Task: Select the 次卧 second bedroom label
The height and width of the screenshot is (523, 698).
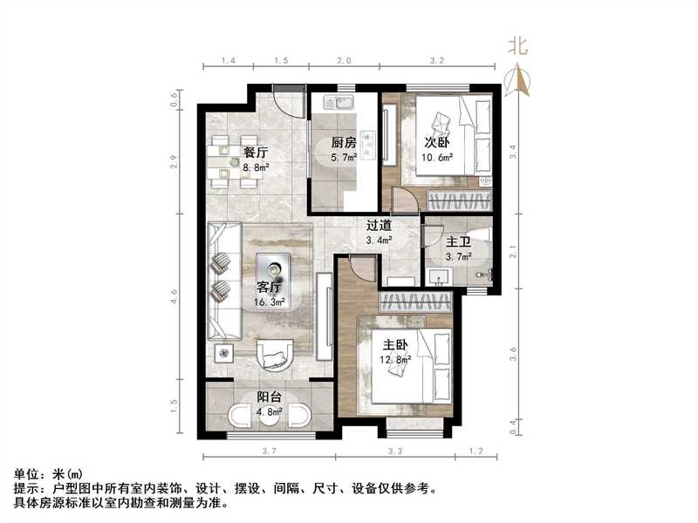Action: (437, 142)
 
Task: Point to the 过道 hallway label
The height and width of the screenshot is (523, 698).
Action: (379, 225)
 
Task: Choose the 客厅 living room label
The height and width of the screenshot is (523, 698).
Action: (269, 287)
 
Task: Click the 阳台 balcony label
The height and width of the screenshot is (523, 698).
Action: (270, 398)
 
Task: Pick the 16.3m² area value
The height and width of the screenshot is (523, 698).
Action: (270, 302)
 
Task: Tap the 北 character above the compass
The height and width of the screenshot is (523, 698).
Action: (517, 47)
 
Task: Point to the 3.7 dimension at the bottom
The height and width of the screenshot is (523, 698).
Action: (268, 451)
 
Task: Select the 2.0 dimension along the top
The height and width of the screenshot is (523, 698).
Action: (345, 61)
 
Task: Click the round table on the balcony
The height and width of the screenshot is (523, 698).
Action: (269, 418)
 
